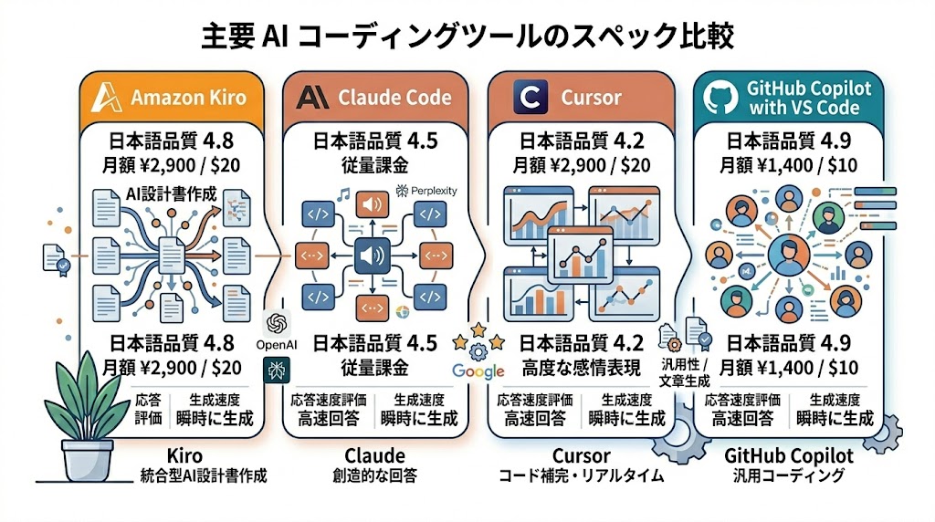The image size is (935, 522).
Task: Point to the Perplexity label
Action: tap(427, 191)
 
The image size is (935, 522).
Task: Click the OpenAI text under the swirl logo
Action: tap(273, 345)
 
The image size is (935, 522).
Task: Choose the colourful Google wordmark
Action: tap(478, 371)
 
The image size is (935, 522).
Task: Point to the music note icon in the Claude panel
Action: tap(343, 194)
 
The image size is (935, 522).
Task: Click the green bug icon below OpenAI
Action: tap(274, 370)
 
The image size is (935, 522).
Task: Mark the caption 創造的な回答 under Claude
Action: tap(374, 475)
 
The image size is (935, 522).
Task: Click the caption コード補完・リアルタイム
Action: tap(581, 475)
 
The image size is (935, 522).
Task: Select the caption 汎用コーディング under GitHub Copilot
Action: tap(788, 475)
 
